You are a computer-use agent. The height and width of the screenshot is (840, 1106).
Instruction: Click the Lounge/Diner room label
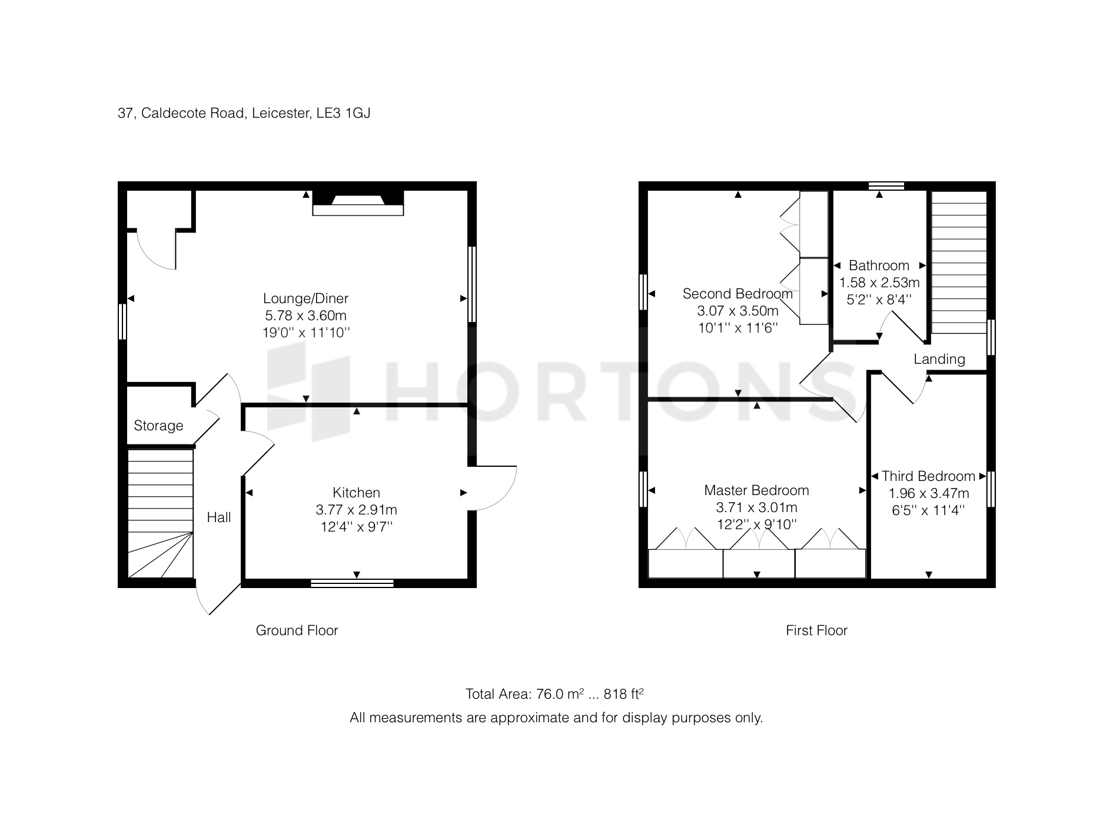[x=305, y=298]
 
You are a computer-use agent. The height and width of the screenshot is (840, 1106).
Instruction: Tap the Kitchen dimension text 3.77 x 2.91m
[x=356, y=510]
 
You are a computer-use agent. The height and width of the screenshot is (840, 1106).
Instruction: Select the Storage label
[x=158, y=426]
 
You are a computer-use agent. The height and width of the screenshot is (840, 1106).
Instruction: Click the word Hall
[x=218, y=517]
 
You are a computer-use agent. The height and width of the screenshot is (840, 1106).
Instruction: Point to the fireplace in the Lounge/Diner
[x=358, y=202]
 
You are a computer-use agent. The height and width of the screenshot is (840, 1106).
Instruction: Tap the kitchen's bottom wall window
[x=352, y=583]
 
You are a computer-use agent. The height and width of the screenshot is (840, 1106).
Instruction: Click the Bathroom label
[x=879, y=265]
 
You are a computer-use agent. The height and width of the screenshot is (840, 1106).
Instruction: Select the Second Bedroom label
[x=738, y=294]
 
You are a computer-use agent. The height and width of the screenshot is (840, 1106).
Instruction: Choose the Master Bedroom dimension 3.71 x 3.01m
[x=756, y=507]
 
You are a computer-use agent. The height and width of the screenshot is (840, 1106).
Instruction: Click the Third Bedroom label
[x=928, y=476]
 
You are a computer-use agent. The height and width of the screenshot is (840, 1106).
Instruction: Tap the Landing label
[x=939, y=359]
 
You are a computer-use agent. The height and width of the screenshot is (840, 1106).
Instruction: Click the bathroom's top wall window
[x=886, y=186]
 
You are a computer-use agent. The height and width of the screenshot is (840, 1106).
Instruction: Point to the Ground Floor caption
[x=297, y=630]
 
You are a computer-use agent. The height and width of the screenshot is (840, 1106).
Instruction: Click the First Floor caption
[x=816, y=630]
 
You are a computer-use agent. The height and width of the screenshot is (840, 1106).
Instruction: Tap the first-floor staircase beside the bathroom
[x=959, y=262]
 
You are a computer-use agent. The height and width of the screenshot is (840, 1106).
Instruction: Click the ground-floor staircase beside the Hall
[x=160, y=513]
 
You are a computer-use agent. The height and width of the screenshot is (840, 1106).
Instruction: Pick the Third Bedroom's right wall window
[x=991, y=489]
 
